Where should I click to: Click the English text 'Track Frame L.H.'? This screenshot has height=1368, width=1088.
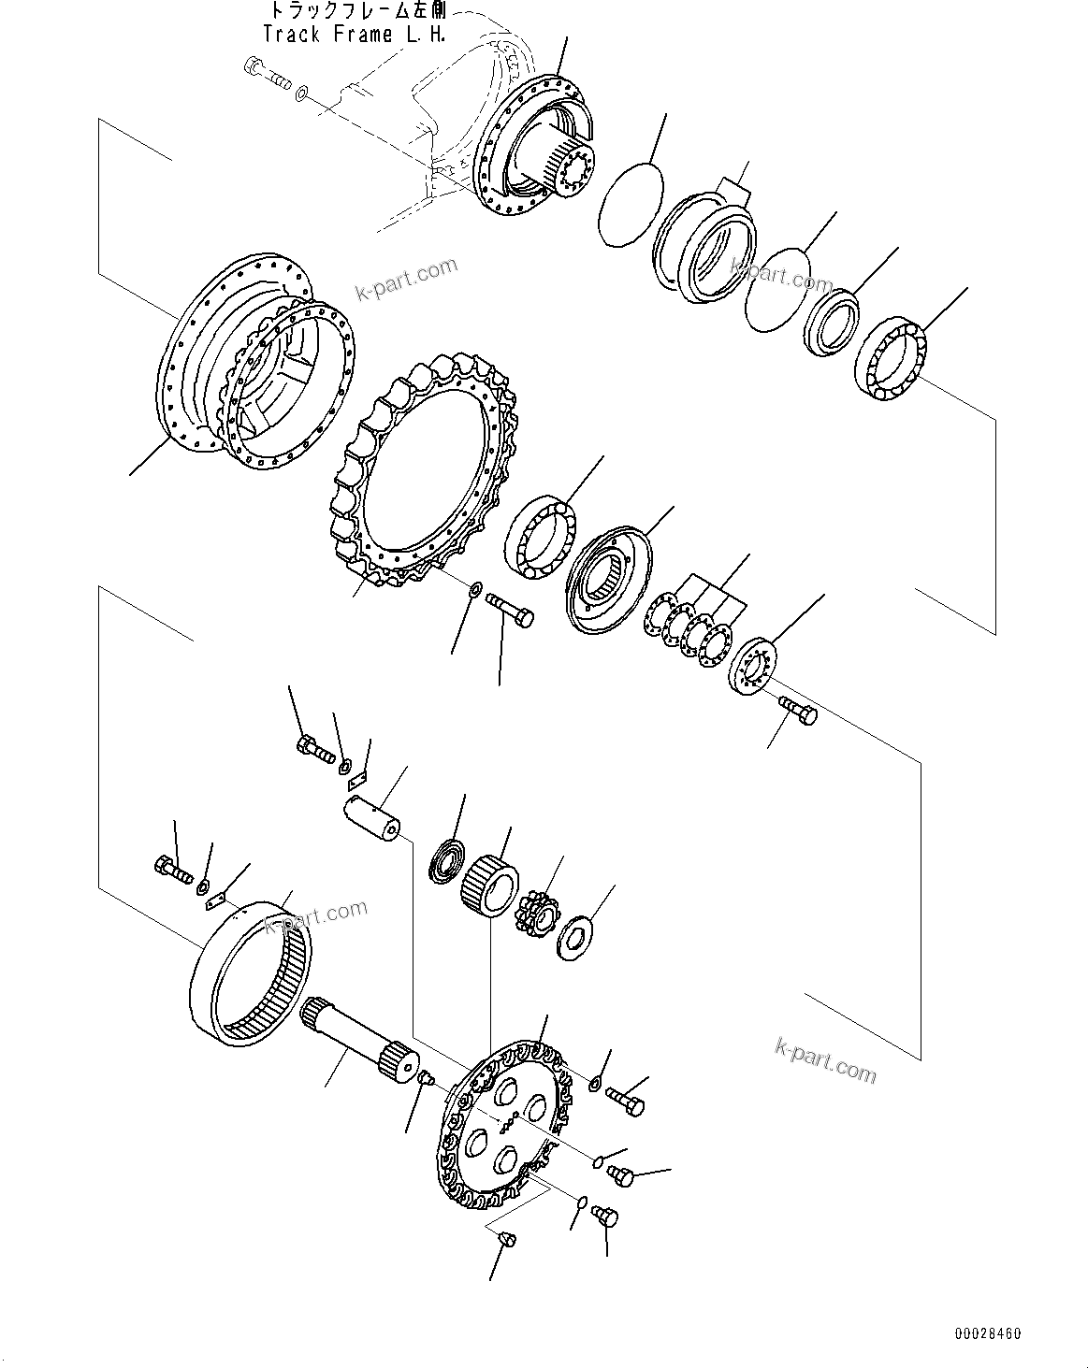click(353, 35)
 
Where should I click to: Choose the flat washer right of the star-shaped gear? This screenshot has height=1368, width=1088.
click(577, 935)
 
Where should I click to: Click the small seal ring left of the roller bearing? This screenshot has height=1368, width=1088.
click(447, 859)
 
